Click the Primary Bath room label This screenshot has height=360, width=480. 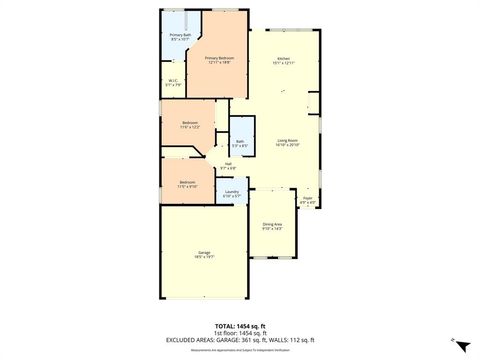click(180, 35)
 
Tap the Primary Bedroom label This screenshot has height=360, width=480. click(219, 59)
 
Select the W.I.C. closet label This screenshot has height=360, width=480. click(173, 81)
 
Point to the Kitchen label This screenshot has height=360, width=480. click(284, 59)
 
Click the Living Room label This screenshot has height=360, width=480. click(288, 141)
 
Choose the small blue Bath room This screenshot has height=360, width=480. click(240, 144)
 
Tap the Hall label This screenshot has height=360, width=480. click(227, 164)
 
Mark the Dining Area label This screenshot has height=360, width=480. click(272, 224)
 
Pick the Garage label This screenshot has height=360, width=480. click(204, 253)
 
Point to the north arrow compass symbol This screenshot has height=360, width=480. click(460, 344)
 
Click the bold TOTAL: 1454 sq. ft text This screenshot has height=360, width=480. click(240, 326)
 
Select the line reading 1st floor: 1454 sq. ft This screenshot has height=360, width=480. click(240, 332)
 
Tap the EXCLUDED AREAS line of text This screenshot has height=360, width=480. click(240, 339)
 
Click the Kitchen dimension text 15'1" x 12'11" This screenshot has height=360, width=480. click(284, 63)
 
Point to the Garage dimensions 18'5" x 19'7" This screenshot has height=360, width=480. click(204, 257)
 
